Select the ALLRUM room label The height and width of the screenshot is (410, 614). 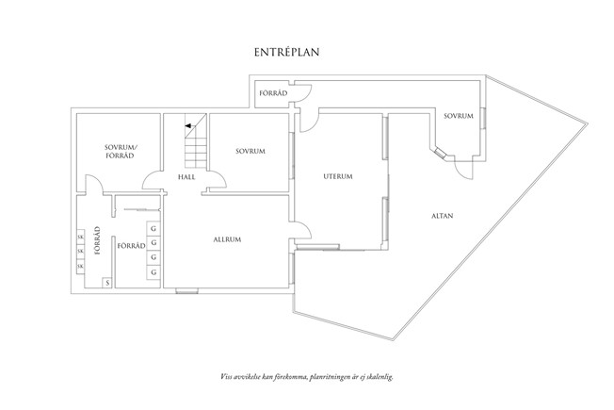click(x=227, y=239)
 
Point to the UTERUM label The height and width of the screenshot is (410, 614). click(x=337, y=176)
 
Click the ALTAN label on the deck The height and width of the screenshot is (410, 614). click(x=441, y=216)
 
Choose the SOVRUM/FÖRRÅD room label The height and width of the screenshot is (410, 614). click(x=121, y=152)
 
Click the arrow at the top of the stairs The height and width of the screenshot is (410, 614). click(x=189, y=125)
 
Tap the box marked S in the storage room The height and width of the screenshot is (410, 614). click(x=108, y=282)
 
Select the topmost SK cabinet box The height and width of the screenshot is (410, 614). click(x=80, y=238)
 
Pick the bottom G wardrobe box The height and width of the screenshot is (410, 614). click(x=153, y=272)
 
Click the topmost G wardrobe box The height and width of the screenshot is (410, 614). click(x=153, y=227)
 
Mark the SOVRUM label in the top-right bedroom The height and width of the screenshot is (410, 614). click(x=458, y=115)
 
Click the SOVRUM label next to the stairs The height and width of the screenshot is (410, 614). click(x=250, y=151)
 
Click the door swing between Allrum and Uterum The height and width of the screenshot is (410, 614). click(x=304, y=229)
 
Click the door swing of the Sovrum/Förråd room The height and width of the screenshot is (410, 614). click(x=91, y=186)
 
